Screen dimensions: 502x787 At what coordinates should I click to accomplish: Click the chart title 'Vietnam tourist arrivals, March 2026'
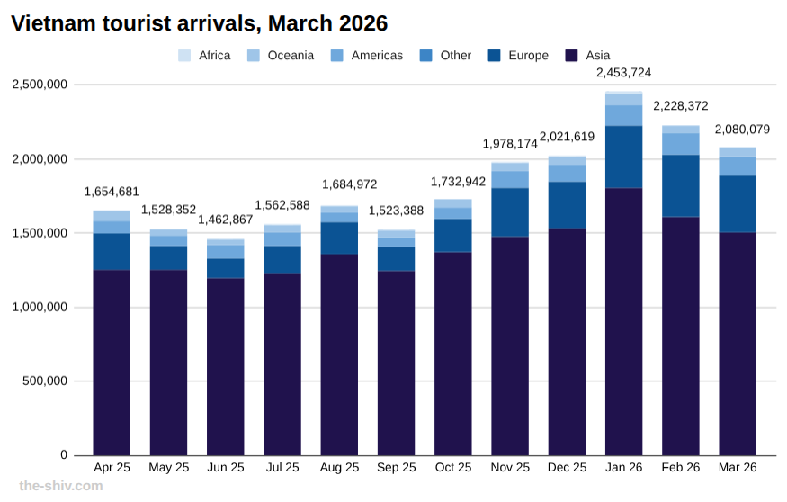(200, 23)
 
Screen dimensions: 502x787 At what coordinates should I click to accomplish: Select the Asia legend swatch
(571, 56)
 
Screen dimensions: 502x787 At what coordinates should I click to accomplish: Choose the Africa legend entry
(204, 56)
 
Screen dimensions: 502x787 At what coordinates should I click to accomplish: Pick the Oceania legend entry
(280, 56)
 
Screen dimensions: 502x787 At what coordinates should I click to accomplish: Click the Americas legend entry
(367, 56)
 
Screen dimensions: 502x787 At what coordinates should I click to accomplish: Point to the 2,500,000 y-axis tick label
(40, 85)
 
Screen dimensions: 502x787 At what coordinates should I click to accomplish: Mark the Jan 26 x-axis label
(623, 468)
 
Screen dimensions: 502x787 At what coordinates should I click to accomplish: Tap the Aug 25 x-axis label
(339, 468)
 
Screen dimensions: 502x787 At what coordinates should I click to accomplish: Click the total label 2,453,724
(623, 73)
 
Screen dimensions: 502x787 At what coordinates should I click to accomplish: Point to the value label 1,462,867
(225, 220)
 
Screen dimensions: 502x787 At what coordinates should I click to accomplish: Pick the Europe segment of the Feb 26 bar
(681, 185)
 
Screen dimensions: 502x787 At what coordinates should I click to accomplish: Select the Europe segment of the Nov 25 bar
(510, 212)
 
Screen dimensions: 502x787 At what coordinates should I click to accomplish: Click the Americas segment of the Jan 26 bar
(623, 115)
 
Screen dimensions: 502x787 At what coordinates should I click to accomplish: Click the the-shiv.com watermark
(61, 486)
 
